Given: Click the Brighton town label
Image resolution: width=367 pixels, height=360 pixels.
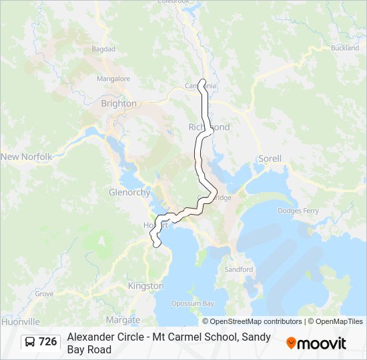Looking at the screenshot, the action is coord(119,103).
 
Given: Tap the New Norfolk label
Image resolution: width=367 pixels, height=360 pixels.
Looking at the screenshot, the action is coord(26,157).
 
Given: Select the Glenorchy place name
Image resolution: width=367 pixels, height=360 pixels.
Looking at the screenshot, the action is coord(129,192).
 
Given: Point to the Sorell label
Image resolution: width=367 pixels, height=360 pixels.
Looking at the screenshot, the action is coord(270,159).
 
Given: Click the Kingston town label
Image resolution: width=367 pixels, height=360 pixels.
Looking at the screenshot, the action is coord(145,285).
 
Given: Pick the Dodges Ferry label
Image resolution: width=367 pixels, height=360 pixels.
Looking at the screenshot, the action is coord(298,211).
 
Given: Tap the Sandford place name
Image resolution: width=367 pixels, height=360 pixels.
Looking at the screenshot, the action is coord(238,269).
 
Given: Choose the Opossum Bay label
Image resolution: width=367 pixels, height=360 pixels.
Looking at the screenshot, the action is coord(193,303).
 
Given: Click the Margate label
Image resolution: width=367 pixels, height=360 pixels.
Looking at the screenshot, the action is coord(123,319).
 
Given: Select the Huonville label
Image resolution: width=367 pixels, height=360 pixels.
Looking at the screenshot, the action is coord(21,321).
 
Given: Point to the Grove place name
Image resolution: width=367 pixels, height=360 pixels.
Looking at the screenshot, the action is coord(44,293).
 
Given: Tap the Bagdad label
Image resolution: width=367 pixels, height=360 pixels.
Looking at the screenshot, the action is coord(103,49).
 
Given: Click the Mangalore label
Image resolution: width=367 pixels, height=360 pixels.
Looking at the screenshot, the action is coord(113,78).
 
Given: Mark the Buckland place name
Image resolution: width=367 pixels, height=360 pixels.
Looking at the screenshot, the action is coord(344,48).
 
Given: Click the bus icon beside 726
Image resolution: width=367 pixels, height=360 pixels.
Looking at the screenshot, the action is coord(30,342).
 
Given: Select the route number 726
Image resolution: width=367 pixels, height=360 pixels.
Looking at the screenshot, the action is coord(48,342).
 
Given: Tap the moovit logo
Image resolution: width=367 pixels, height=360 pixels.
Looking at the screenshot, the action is coord(316,343).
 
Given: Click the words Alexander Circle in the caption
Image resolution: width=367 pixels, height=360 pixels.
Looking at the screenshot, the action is coord(104,337).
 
